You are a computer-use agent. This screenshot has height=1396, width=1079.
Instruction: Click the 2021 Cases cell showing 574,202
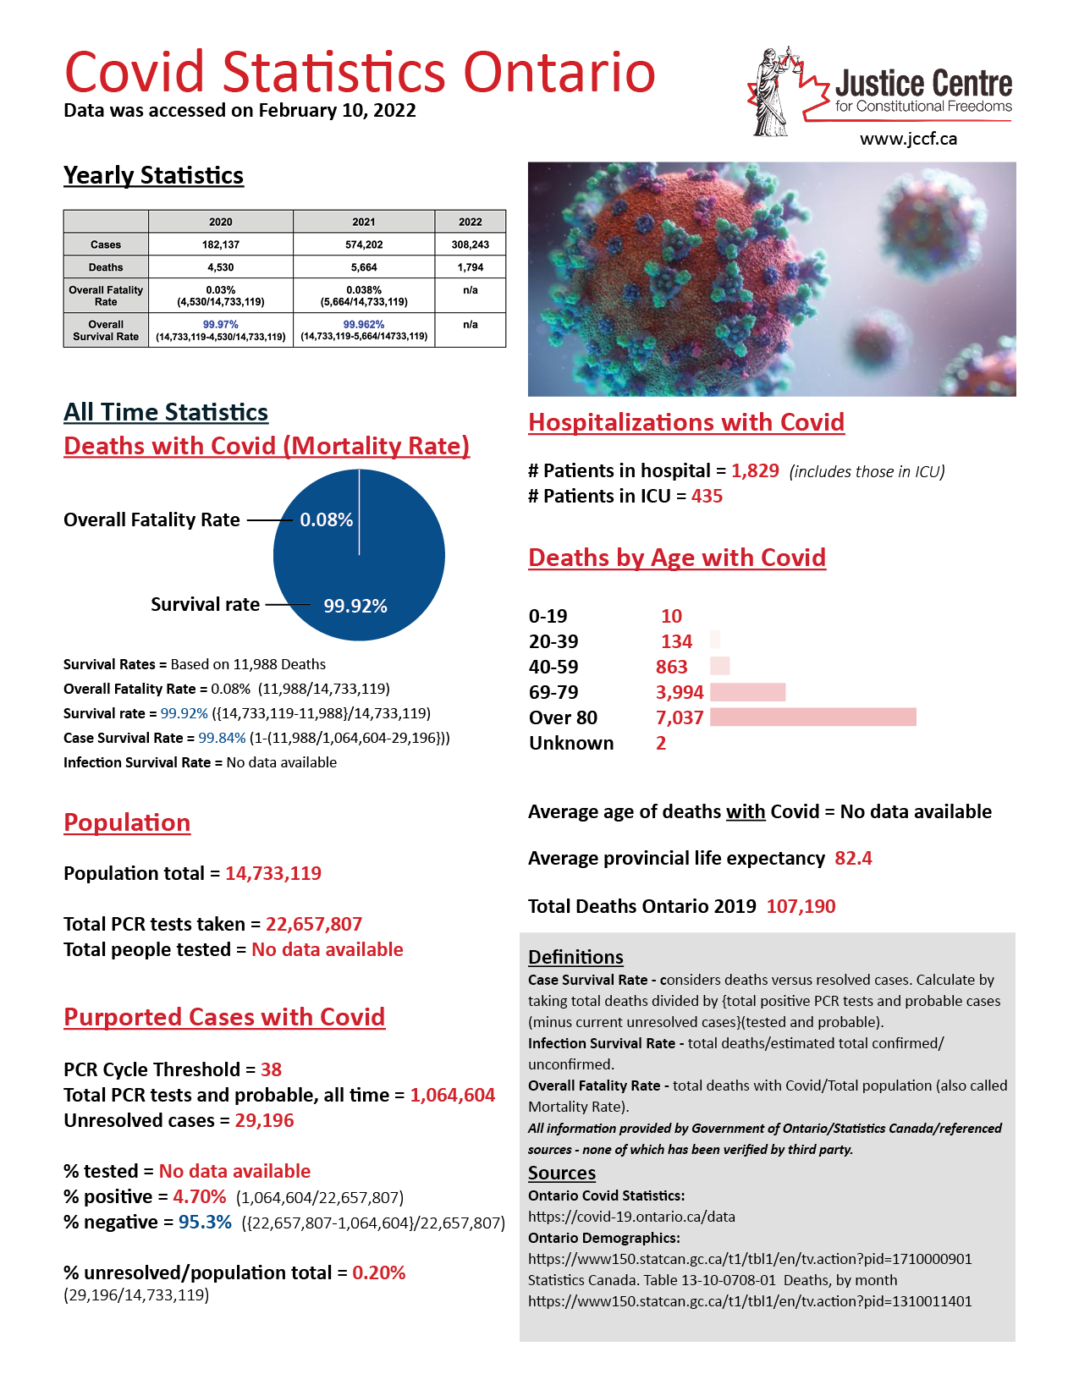364,245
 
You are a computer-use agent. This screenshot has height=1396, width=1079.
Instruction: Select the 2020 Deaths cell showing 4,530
220,267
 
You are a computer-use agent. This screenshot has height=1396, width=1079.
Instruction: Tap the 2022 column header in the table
471,222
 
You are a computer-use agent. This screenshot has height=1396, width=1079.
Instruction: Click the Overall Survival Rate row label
106,330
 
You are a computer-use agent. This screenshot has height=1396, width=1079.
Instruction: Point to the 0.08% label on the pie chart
326,519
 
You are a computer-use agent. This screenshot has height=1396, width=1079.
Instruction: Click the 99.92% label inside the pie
355,606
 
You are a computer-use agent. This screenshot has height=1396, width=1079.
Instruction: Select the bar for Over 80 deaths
812,717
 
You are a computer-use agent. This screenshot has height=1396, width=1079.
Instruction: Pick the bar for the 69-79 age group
747,692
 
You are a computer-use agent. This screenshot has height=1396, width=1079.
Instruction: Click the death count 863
671,667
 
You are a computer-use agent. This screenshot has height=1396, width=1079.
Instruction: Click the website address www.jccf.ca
908,139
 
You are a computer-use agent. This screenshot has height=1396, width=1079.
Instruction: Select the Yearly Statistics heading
153,175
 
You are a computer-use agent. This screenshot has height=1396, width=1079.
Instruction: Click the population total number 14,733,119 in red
273,873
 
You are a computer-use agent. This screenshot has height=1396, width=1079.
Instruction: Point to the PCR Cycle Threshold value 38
271,1069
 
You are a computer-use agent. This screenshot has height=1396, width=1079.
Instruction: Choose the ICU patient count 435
707,496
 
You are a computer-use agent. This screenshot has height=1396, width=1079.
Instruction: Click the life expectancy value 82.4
853,858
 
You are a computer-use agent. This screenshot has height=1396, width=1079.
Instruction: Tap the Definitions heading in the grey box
575,957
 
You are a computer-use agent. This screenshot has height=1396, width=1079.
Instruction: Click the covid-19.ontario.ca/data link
631,1217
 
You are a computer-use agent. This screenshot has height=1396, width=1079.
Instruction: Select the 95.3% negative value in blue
205,1222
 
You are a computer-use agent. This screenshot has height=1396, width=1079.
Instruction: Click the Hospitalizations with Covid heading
686,422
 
